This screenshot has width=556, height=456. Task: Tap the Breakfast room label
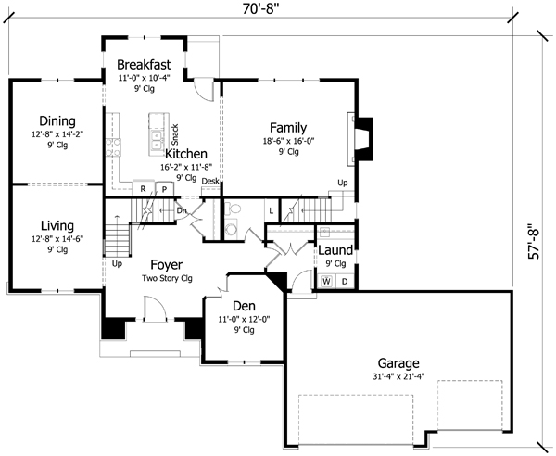coord(144,64)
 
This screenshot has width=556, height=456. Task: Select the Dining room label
coord(57,120)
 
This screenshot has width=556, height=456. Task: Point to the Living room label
coord(57,225)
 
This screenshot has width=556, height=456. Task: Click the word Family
coord(288,128)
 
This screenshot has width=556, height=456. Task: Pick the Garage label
coord(398,362)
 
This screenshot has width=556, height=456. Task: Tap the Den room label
coord(245,305)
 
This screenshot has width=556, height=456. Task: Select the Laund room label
coord(335,250)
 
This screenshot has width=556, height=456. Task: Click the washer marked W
coord(327,281)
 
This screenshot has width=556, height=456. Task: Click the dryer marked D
coord(344,281)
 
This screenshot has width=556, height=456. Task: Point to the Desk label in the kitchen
coord(210,181)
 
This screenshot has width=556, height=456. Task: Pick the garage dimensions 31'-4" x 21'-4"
coord(398,377)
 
